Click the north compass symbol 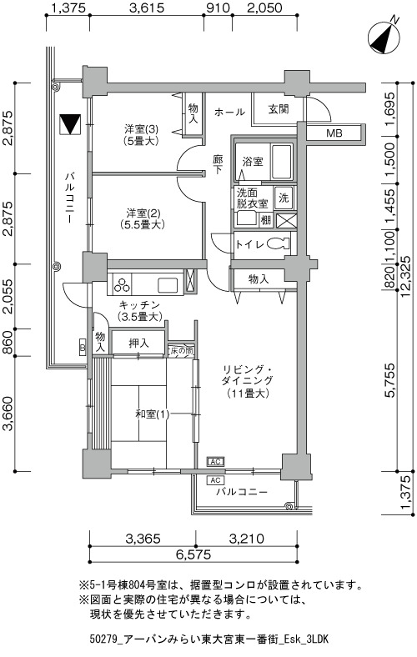(x=384, y=38)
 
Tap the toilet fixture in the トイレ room (x=279, y=243)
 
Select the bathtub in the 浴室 (x=282, y=161)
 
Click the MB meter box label (x=334, y=133)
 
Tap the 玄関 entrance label (x=279, y=109)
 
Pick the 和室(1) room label (x=153, y=414)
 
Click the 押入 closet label (x=138, y=344)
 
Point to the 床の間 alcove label (x=181, y=351)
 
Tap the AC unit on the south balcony (x=216, y=480)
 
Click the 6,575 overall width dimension (x=193, y=554)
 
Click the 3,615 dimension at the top (x=147, y=8)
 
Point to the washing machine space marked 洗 (x=284, y=198)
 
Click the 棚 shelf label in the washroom (x=266, y=219)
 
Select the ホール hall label (x=229, y=112)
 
